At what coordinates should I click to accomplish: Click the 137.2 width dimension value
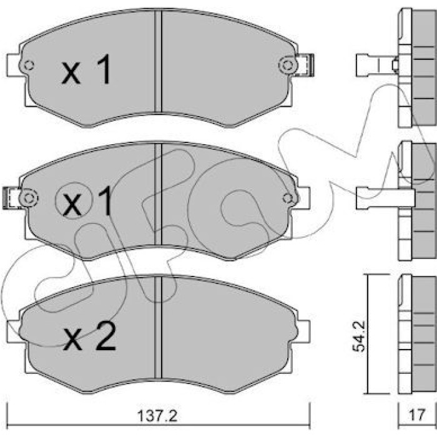click(157, 416)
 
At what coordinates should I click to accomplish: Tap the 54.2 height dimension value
click(359, 336)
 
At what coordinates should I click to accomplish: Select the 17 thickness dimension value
click(416, 415)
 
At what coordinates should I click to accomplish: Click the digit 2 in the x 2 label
click(106, 336)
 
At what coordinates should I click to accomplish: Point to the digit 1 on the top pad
click(104, 69)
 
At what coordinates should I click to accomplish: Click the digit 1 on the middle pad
click(105, 201)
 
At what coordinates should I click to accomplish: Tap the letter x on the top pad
click(71, 73)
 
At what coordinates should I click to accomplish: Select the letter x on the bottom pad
click(73, 340)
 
